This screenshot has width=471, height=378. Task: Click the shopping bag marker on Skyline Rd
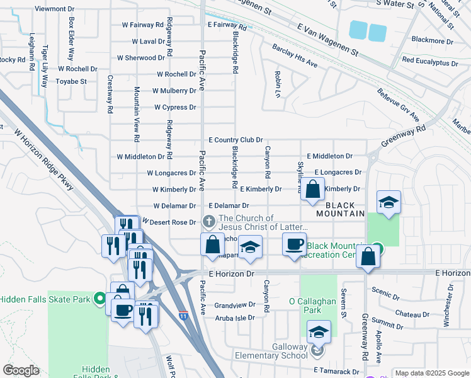pos(312,189)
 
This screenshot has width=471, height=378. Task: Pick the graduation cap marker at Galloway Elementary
pos(319,332)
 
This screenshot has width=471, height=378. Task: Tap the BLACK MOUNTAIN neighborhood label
pos(345,210)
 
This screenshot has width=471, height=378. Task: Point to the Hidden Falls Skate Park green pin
pos(99,298)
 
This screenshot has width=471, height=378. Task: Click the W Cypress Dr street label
pos(174,107)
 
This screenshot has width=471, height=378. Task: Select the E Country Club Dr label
pos(235,140)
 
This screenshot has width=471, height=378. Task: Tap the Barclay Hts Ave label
pos(295,56)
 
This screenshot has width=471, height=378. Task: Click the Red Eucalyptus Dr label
pos(430,62)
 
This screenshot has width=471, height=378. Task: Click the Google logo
pos(21,370)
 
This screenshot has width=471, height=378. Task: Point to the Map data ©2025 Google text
pos(431,373)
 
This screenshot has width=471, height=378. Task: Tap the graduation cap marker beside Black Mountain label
pos(389,202)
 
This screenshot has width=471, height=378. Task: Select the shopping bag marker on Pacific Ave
pos(213,244)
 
